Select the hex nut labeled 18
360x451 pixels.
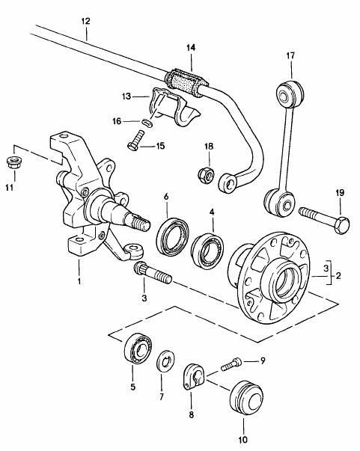click(x=207, y=174)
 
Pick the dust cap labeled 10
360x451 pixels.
click(x=247, y=399)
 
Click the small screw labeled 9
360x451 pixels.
click(x=232, y=363)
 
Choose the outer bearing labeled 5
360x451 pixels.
click(x=138, y=349)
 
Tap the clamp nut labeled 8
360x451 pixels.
click(x=193, y=377)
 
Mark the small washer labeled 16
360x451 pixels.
click(x=147, y=122)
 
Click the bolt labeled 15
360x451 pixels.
click(x=135, y=141)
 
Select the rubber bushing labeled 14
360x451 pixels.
click(x=186, y=82)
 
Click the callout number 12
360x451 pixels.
click(x=85, y=21)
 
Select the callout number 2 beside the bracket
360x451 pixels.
click(x=338, y=275)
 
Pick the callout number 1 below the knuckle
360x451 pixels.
click(x=79, y=280)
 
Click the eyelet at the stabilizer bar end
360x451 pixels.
click(x=228, y=183)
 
